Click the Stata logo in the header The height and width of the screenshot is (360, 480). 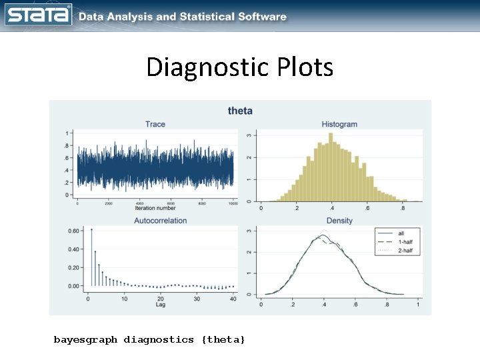pyautogui.click(x=38, y=15)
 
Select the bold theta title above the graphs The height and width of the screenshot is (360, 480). pyautogui.click(x=240, y=111)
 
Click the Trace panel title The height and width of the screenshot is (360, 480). pyautogui.click(x=155, y=124)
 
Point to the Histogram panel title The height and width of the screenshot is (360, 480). pyautogui.click(x=339, y=124)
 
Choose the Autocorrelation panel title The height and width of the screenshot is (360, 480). pyautogui.click(x=160, y=220)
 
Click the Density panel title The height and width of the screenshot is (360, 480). pyautogui.click(x=339, y=220)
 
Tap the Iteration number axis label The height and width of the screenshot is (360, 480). pyautogui.click(x=155, y=208)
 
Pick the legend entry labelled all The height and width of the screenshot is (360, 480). pyautogui.click(x=401, y=233)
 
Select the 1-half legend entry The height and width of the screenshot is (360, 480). pyautogui.click(x=404, y=242)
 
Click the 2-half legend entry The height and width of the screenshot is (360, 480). pyautogui.click(x=404, y=251)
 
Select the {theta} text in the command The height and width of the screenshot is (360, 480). pyautogui.click(x=223, y=340)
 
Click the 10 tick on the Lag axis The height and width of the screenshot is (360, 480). pyautogui.click(x=124, y=298)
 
